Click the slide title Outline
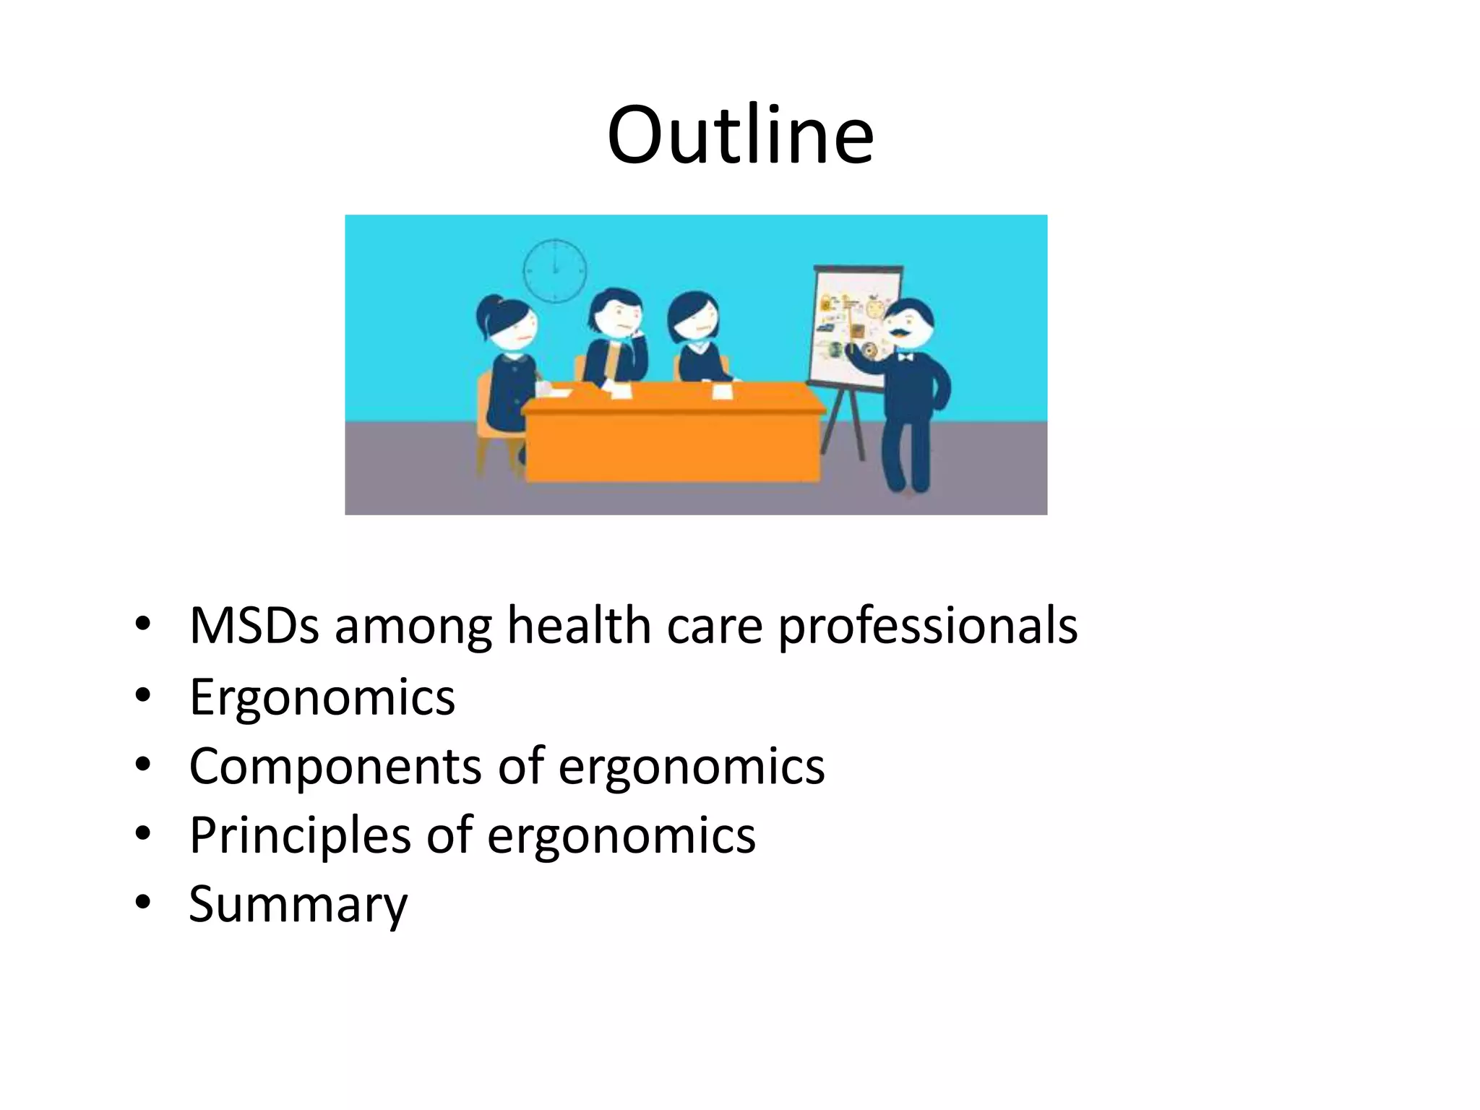click(x=740, y=135)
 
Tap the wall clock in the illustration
click(x=554, y=270)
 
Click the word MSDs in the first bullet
click(x=254, y=625)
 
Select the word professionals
click(x=927, y=626)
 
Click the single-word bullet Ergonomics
click(x=322, y=697)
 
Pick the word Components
click(x=335, y=767)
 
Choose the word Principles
click(x=300, y=836)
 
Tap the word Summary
click(x=298, y=905)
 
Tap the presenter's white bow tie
click(x=904, y=356)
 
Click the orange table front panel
click(x=672, y=444)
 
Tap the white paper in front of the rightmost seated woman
click(x=722, y=391)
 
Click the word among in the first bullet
click(x=413, y=627)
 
